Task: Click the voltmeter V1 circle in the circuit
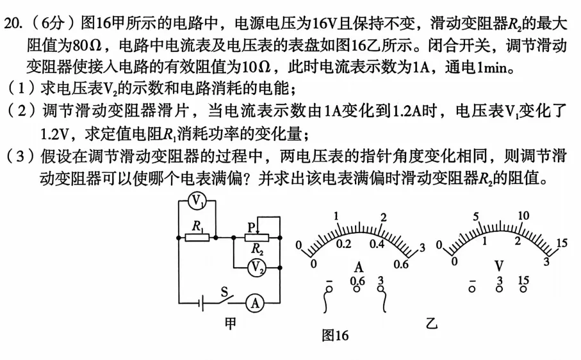[x=197, y=200]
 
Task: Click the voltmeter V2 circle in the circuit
[x=257, y=267]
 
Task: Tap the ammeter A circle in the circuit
[x=256, y=303]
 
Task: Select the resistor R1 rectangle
[x=197, y=238]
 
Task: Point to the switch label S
[x=224, y=292]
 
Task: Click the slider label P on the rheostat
[x=252, y=227]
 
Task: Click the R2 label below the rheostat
[x=257, y=249]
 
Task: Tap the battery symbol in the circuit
[x=201, y=304]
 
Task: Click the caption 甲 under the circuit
[x=230, y=323]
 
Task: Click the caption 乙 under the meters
[x=431, y=323]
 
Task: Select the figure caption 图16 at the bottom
[x=335, y=335]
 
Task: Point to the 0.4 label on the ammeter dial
[x=377, y=243]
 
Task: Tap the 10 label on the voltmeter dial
[x=523, y=215]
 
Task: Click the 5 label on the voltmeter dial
[x=476, y=217]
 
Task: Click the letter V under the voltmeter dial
[x=499, y=266]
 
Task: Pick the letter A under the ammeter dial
[x=359, y=266]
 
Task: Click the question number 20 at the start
[x=12, y=24]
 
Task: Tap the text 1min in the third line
[x=493, y=67]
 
